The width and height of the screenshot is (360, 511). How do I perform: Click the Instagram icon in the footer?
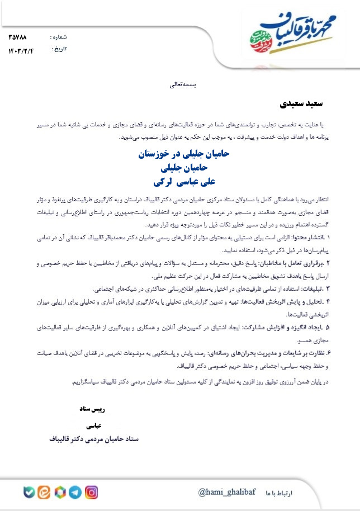coord(92,493)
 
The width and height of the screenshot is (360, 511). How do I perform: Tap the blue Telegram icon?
coord(75,493)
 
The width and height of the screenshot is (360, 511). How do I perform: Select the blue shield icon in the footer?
coord(29,493)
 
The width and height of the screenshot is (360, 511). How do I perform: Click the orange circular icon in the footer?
coord(44,493)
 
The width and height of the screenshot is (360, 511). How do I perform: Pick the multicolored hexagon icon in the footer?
coord(59,493)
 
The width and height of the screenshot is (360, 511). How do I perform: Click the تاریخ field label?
coord(59,49)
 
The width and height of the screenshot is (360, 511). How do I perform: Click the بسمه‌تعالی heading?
coord(184,86)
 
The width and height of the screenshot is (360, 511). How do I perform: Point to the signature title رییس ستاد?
coord(96,409)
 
